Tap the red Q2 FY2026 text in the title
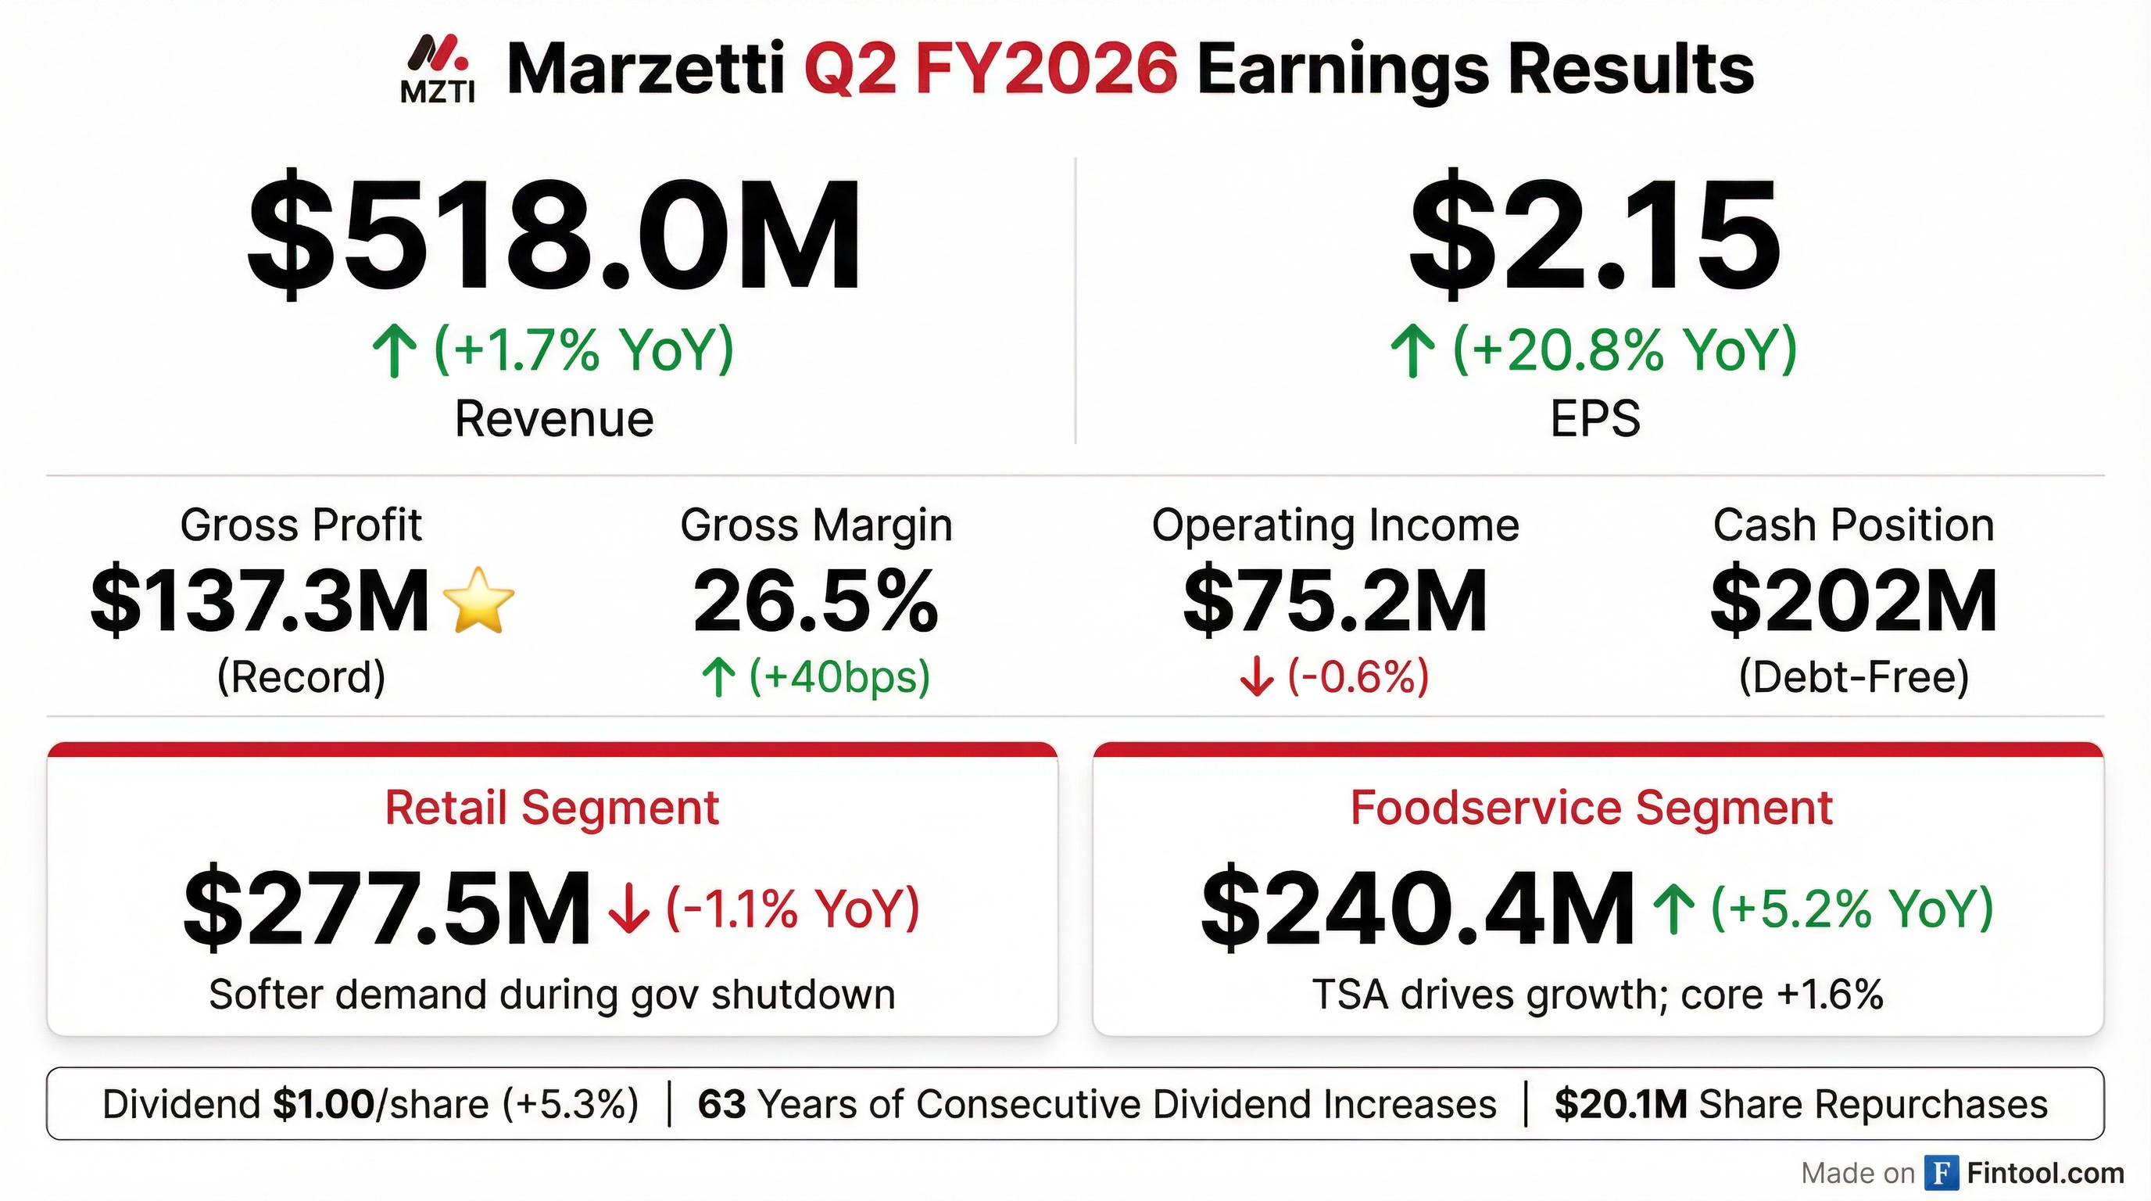990,70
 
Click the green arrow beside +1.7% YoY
394,352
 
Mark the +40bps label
839,676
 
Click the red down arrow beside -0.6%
1257,677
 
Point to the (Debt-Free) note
1854,676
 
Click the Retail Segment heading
552,808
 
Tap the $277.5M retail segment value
387,908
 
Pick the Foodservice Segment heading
1591,808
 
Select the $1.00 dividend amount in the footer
323,1104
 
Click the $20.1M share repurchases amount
1620,1104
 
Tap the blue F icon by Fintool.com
1942,1173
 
